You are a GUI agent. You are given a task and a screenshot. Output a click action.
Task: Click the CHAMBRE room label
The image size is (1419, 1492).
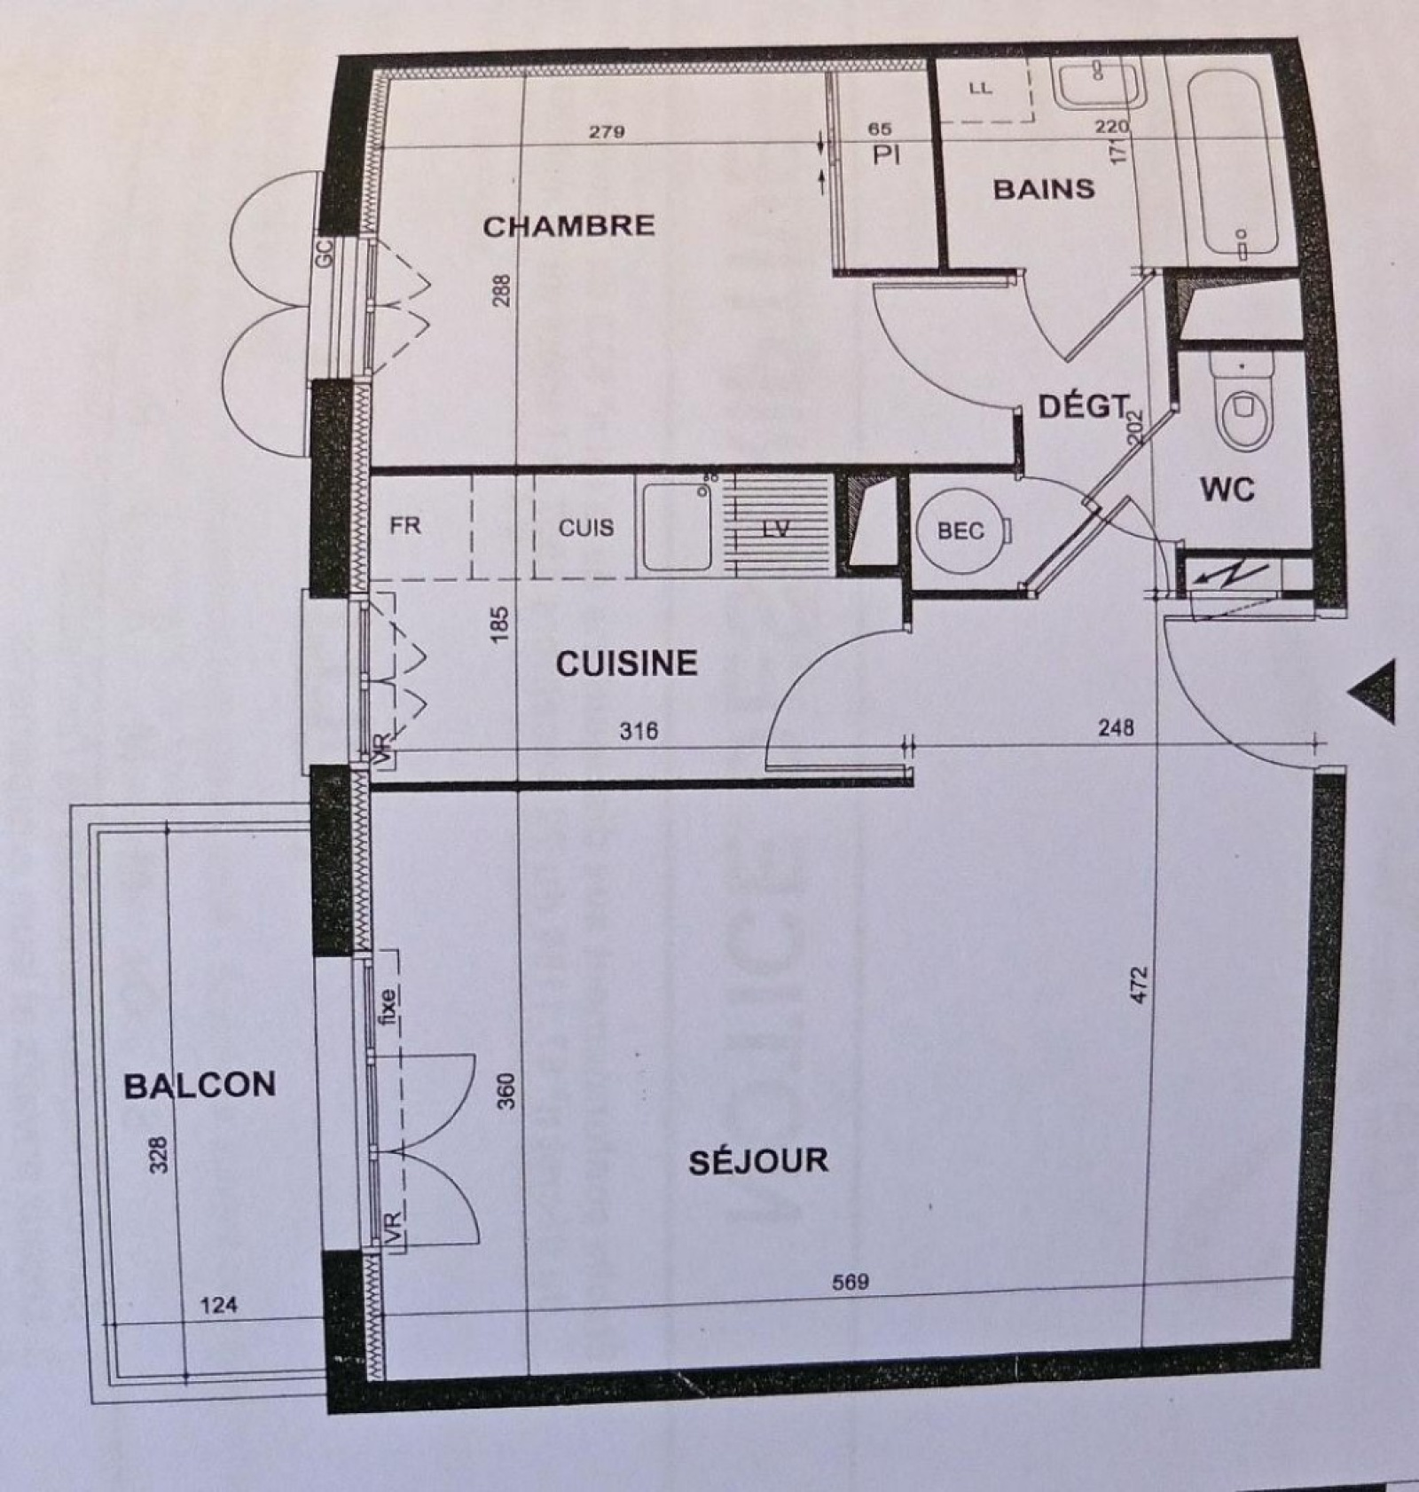click(x=568, y=226)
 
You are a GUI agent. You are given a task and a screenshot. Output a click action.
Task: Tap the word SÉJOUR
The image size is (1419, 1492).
click(x=758, y=1161)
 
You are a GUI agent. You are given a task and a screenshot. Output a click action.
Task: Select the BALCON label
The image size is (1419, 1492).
click(x=200, y=1085)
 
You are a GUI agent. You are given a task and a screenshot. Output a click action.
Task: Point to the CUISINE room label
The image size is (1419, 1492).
click(x=627, y=664)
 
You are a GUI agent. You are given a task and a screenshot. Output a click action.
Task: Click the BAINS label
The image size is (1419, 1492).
click(x=1044, y=189)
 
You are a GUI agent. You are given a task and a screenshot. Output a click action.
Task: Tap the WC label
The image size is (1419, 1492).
click(x=1227, y=489)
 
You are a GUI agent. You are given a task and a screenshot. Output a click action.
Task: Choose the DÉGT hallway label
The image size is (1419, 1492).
click(x=1084, y=407)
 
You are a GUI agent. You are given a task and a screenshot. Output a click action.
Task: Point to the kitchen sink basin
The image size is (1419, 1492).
click(x=678, y=527)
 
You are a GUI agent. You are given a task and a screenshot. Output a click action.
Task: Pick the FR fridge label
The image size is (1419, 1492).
click(x=405, y=525)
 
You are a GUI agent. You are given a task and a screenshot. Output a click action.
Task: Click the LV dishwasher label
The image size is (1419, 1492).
click(x=776, y=529)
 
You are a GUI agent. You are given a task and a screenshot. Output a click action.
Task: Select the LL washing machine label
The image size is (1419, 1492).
click(x=981, y=89)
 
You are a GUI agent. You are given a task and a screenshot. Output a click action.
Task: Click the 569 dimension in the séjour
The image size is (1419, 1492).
click(x=851, y=1282)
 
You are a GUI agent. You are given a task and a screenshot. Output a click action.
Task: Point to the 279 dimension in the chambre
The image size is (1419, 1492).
click(x=607, y=132)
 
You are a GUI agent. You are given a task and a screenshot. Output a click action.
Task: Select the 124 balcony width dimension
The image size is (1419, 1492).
click(x=218, y=1305)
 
